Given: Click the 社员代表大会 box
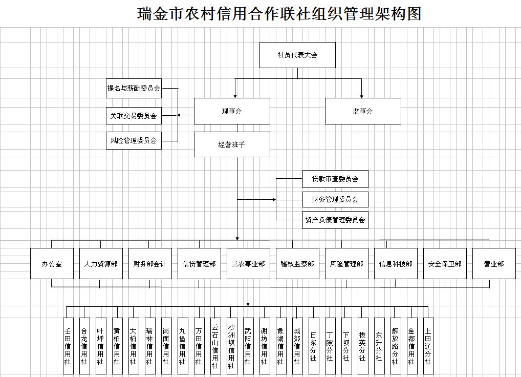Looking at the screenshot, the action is (x=297, y=55).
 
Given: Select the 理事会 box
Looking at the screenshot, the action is (x=232, y=111).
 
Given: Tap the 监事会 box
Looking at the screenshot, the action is (x=363, y=111).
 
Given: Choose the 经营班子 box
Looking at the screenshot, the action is (x=232, y=144).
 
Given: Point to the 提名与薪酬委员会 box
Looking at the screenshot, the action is (x=134, y=88).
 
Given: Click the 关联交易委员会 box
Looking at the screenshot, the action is (x=134, y=116).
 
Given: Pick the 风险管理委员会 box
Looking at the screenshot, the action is (x=134, y=140).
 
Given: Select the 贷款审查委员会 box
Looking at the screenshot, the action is (x=335, y=179).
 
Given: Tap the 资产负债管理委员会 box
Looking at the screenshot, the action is (x=335, y=220).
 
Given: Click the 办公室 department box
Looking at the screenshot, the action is (x=52, y=264).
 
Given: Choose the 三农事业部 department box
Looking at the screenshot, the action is (x=248, y=264).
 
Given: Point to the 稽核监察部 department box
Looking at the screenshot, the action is (x=297, y=264).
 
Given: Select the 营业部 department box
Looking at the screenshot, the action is (x=494, y=264).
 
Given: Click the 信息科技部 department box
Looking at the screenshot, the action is (x=396, y=264).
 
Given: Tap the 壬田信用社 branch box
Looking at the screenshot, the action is (x=68, y=346).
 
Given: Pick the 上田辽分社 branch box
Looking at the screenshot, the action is (x=428, y=346).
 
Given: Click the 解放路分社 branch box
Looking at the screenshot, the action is (x=395, y=346).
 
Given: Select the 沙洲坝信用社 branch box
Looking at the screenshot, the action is (x=232, y=346).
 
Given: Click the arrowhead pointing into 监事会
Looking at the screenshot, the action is (x=361, y=96).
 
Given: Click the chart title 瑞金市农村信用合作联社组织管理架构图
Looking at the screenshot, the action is (x=279, y=14).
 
